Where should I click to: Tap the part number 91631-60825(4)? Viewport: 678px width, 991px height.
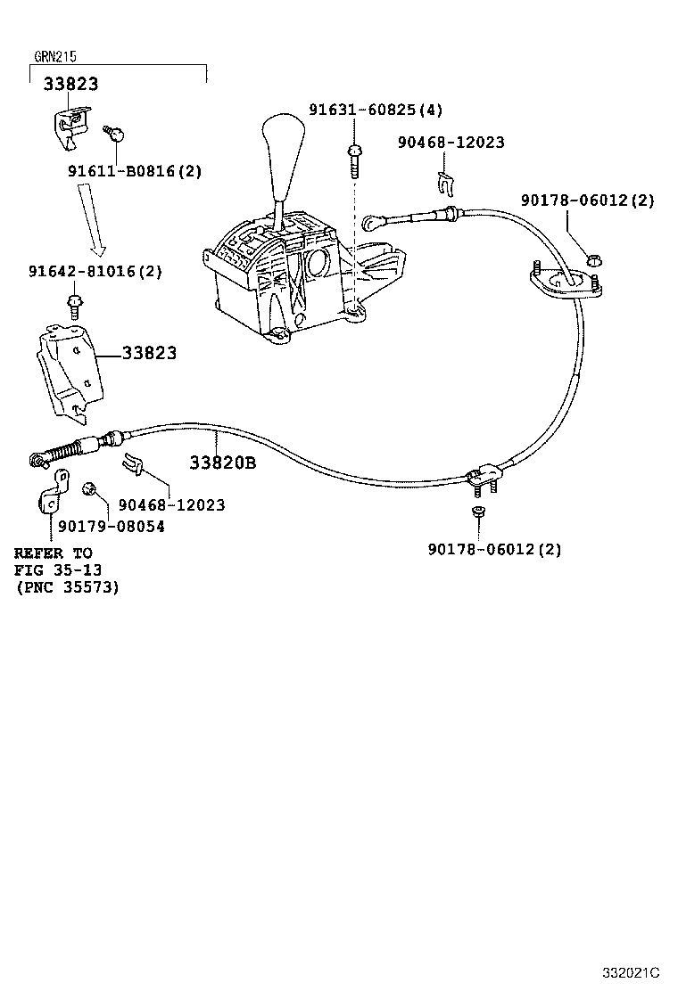[376, 110]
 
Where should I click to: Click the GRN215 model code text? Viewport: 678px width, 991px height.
[55, 56]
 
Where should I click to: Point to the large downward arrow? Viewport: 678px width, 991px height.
[94, 217]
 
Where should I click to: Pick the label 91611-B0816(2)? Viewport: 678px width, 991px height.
[135, 171]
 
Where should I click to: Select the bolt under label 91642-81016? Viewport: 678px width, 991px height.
[75, 307]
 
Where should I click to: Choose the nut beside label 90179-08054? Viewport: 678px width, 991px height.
[89, 490]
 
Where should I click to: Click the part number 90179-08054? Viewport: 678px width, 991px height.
[112, 527]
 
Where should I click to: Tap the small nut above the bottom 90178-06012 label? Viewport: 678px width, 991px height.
[477, 512]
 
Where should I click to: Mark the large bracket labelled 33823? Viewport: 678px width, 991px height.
[70, 373]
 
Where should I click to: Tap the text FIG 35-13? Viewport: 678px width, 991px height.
[57, 570]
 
